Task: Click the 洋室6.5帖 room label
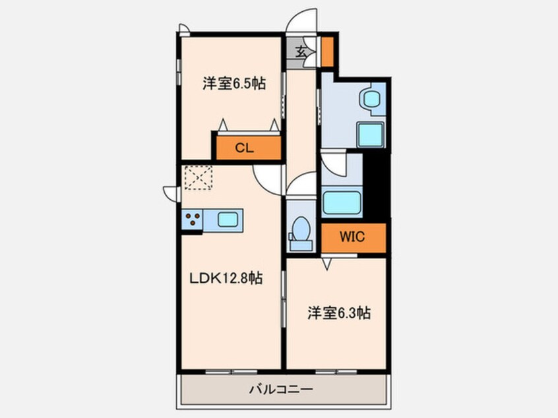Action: tap(233, 84)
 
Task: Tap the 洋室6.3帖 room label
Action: tap(338, 314)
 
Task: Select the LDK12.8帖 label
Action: tap(226, 278)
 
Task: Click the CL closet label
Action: tap(244, 148)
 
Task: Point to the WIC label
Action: tap(352, 237)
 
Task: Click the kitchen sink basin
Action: tap(228, 220)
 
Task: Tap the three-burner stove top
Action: tap(193, 220)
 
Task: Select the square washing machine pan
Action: tap(369, 136)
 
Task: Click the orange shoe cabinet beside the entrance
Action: tap(326, 51)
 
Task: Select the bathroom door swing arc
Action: tap(334, 164)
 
